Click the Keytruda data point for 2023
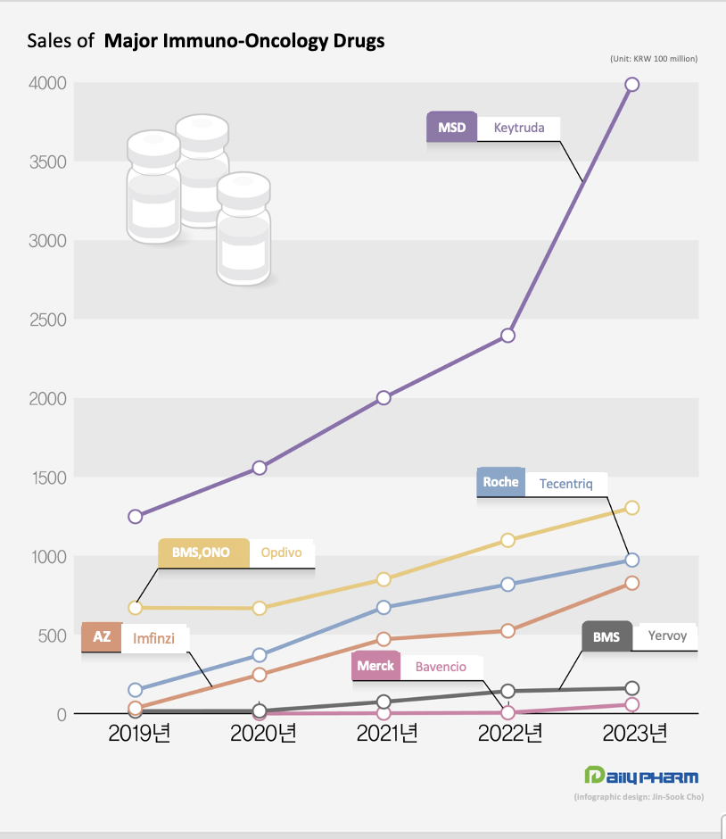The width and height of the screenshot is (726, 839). (x=631, y=84)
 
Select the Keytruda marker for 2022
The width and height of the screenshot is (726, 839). (x=507, y=335)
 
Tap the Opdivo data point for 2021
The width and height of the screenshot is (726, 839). (x=384, y=579)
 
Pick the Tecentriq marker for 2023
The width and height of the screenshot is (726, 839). (x=631, y=560)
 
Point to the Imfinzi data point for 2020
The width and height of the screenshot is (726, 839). (x=260, y=674)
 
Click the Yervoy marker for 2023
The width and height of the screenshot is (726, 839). (x=631, y=688)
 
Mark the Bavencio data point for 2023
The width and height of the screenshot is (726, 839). (x=631, y=704)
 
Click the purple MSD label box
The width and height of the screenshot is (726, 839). (x=451, y=127)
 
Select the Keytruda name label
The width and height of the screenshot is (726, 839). (x=518, y=128)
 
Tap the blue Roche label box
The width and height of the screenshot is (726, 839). (x=500, y=482)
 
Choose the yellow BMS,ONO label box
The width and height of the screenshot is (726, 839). (x=201, y=552)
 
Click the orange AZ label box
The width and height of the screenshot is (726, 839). (x=102, y=637)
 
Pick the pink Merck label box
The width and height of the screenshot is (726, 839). (x=375, y=666)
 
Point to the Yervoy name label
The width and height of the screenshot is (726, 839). (x=665, y=637)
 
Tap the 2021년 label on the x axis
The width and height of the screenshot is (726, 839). (x=386, y=735)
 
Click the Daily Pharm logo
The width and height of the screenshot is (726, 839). (x=640, y=776)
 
